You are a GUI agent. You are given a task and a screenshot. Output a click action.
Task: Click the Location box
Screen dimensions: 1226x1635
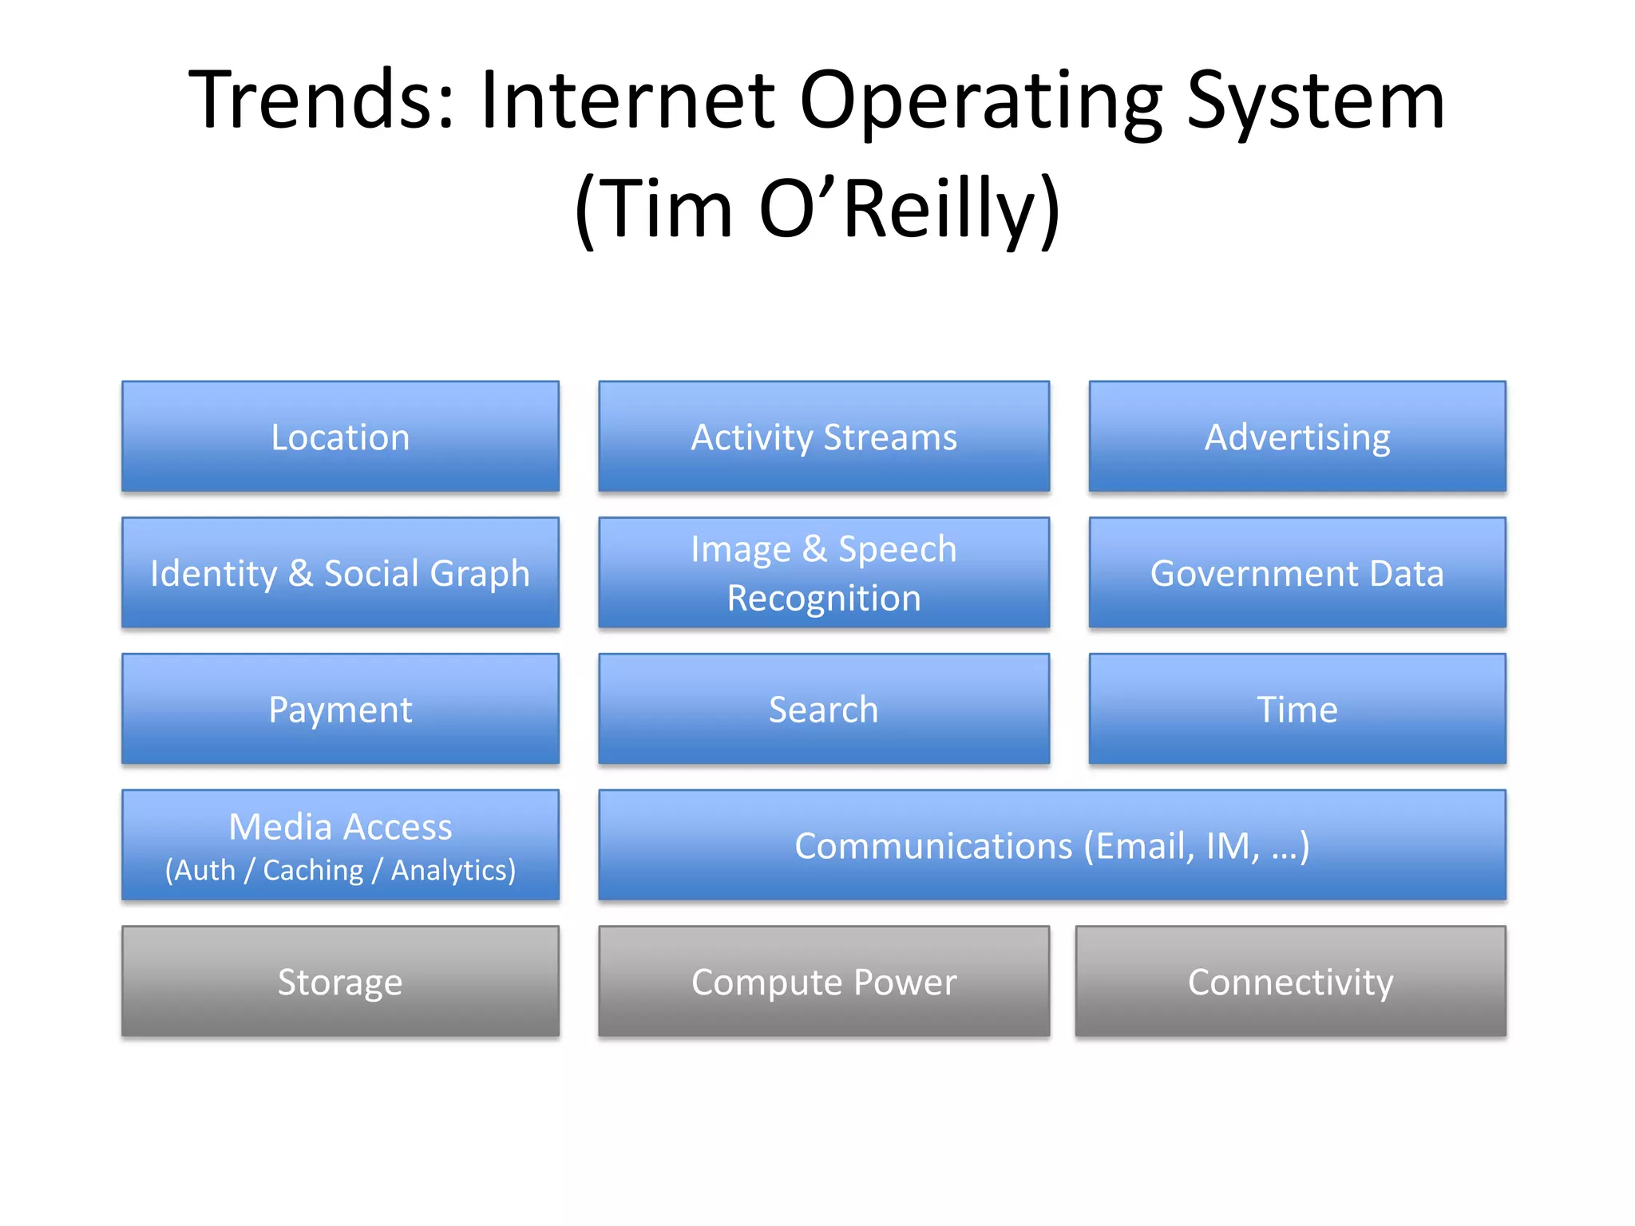pos(340,437)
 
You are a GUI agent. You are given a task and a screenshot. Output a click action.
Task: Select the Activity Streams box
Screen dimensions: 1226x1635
pos(824,437)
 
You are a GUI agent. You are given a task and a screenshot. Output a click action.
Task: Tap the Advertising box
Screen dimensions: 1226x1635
pos(1297,437)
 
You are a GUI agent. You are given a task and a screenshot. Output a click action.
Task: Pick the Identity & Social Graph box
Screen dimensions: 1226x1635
pos(340,573)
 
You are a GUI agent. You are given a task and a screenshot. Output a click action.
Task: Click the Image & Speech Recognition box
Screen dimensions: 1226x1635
pos(824,573)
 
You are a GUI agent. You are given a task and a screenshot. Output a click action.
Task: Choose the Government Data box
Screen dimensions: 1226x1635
pos(1297,573)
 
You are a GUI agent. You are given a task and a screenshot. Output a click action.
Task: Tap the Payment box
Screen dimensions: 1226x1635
pos(340,709)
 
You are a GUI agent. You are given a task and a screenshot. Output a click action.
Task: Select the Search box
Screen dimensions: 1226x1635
pos(824,709)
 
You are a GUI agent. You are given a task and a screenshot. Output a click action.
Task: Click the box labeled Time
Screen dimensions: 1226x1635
pos(1297,709)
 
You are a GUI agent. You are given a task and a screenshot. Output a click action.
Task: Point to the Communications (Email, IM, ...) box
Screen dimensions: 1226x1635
pos(1052,845)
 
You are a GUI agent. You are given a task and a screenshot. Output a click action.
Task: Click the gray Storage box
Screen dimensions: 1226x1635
pos(340,981)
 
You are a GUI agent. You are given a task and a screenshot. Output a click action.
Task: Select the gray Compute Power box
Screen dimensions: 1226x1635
pos(824,981)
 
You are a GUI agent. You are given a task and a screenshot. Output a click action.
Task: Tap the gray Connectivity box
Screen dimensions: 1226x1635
pos(1290,981)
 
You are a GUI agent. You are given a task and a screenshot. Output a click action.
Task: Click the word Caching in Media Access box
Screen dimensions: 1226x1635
pos(313,870)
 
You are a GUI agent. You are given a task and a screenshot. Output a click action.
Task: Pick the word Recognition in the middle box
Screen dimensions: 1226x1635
pos(824,599)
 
